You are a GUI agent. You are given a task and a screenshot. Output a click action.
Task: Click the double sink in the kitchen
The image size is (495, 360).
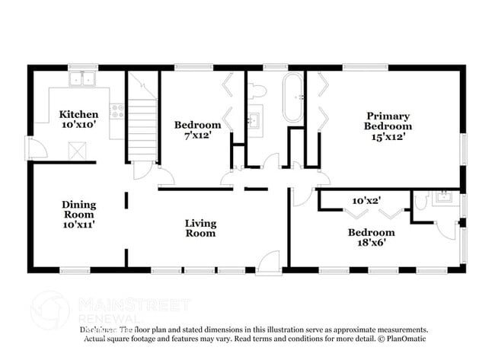81,78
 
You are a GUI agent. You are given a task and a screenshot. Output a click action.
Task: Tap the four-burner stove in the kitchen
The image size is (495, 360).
117,111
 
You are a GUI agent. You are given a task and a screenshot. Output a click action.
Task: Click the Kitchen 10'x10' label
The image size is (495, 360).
78,119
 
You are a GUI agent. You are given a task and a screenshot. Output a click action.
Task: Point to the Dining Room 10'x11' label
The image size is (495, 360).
78,214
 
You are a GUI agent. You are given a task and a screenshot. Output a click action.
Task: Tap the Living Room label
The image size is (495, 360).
200,228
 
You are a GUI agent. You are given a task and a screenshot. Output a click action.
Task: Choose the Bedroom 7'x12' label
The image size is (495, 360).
197,129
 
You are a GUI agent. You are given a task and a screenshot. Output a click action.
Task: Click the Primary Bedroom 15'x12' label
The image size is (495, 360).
387,126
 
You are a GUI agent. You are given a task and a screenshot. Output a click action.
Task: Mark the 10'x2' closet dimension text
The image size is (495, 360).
366,200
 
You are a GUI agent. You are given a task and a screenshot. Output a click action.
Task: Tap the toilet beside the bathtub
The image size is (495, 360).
257,91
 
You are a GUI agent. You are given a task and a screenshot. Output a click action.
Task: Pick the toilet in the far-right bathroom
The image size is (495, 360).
421,201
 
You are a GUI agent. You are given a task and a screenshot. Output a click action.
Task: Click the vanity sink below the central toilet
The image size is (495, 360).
254,120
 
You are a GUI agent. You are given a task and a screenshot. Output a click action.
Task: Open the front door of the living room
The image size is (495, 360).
268,263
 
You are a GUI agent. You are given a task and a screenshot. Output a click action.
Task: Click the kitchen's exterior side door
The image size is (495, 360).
35,148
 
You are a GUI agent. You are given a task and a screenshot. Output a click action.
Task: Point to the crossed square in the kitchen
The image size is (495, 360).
77,151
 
